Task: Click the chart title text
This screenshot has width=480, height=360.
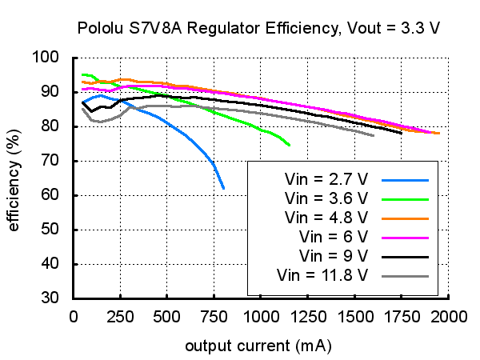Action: pyautogui.click(x=259, y=29)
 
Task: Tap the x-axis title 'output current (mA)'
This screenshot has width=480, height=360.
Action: pyautogui.click(x=258, y=346)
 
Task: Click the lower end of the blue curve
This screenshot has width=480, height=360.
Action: pyautogui.click(x=223, y=188)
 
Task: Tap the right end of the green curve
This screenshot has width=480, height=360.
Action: pyautogui.click(x=289, y=145)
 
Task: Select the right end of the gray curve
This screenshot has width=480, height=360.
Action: pyautogui.click(x=374, y=135)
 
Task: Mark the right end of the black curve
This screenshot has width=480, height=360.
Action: pyautogui.click(x=402, y=133)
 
